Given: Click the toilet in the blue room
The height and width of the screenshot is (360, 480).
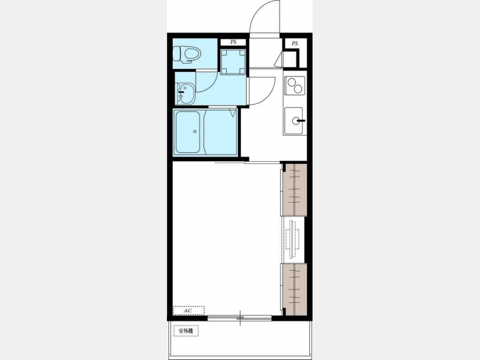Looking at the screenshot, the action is pyautogui.click(x=186, y=55).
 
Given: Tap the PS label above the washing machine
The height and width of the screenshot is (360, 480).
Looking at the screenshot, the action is pyautogui.click(x=234, y=42).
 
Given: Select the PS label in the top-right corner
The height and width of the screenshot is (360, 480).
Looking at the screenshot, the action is pyautogui.click(x=294, y=44).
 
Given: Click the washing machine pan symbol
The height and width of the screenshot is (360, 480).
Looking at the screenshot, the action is pyautogui.click(x=233, y=61).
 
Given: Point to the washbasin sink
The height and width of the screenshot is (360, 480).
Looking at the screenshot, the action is pyautogui.click(x=185, y=94).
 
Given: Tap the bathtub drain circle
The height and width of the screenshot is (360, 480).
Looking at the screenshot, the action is pyautogui.click(x=195, y=132).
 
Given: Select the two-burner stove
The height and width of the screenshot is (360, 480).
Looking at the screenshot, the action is pyautogui.click(x=294, y=85).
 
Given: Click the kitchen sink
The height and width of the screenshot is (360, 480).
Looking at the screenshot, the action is pyautogui.click(x=293, y=121).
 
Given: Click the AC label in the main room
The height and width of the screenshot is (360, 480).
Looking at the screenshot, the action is pyautogui.click(x=188, y=310).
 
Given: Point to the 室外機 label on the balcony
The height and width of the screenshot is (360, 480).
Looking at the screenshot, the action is pyautogui.click(x=186, y=331).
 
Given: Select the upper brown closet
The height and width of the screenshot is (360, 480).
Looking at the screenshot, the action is pyautogui.click(x=294, y=190).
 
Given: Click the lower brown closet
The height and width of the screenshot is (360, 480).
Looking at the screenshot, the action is pyautogui.click(x=294, y=289).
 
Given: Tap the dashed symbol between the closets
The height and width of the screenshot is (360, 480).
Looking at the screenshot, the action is pyautogui.click(x=292, y=239).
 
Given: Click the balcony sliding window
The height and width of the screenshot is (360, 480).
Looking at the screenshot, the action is pyautogui.click(x=239, y=318).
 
